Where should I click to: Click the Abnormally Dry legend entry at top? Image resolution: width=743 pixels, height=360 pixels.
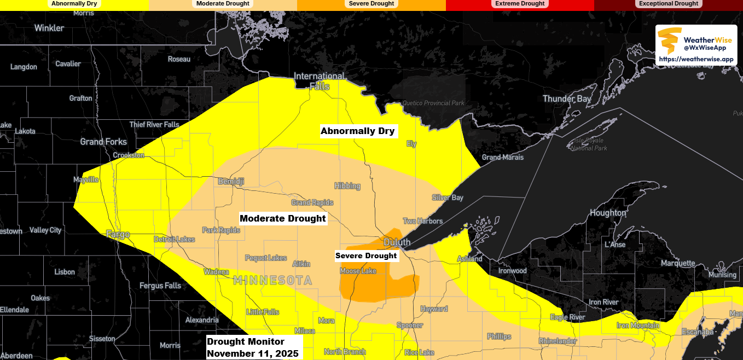tap(74, 4)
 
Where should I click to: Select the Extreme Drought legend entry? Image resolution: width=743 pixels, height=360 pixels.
tap(520, 4)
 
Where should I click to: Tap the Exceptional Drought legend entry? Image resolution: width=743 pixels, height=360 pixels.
tap(669, 4)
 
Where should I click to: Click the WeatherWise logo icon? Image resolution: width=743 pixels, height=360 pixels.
tap(670, 40)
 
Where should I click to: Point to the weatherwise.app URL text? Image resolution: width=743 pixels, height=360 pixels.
tap(696, 59)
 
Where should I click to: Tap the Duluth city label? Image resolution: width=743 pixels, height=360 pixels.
tap(397, 242)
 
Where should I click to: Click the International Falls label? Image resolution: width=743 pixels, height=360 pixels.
tap(320, 81)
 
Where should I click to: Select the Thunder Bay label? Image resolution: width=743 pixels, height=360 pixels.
tap(566, 99)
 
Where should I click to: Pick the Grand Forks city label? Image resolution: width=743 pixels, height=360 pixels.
tap(103, 142)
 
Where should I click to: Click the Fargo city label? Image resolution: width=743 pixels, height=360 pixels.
tap(118, 235)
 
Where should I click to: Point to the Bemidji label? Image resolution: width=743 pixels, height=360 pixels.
tap(230, 181)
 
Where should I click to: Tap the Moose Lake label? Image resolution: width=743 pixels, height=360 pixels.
tap(358, 271)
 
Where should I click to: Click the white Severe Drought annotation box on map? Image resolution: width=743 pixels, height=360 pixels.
tap(366, 256)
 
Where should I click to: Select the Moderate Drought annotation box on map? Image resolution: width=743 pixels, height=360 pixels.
tap(283, 219)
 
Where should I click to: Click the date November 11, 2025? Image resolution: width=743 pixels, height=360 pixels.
tap(252, 353)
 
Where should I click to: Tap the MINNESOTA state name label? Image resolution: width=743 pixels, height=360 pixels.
tap(272, 281)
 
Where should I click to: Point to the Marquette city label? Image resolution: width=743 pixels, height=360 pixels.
tap(677, 263)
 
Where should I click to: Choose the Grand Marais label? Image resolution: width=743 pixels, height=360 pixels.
tap(502, 158)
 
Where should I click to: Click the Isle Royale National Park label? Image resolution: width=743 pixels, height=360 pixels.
tap(589, 144)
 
